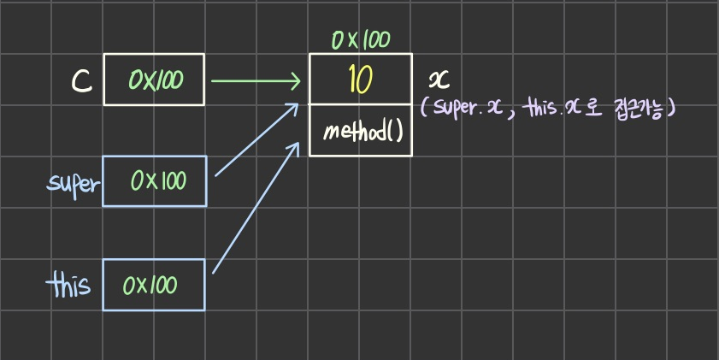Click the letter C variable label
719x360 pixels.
[x=81, y=80]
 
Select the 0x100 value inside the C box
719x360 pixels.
[x=155, y=80]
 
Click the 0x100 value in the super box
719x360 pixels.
[x=158, y=180]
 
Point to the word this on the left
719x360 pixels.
[x=70, y=283]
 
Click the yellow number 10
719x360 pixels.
[x=360, y=80]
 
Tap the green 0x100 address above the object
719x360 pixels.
[x=360, y=40]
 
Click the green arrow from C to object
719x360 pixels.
[x=254, y=82]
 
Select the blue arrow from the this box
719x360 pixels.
[x=255, y=207]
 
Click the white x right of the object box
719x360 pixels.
[x=438, y=80]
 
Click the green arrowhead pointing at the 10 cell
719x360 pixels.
[x=296, y=82]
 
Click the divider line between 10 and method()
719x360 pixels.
[x=360, y=106]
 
